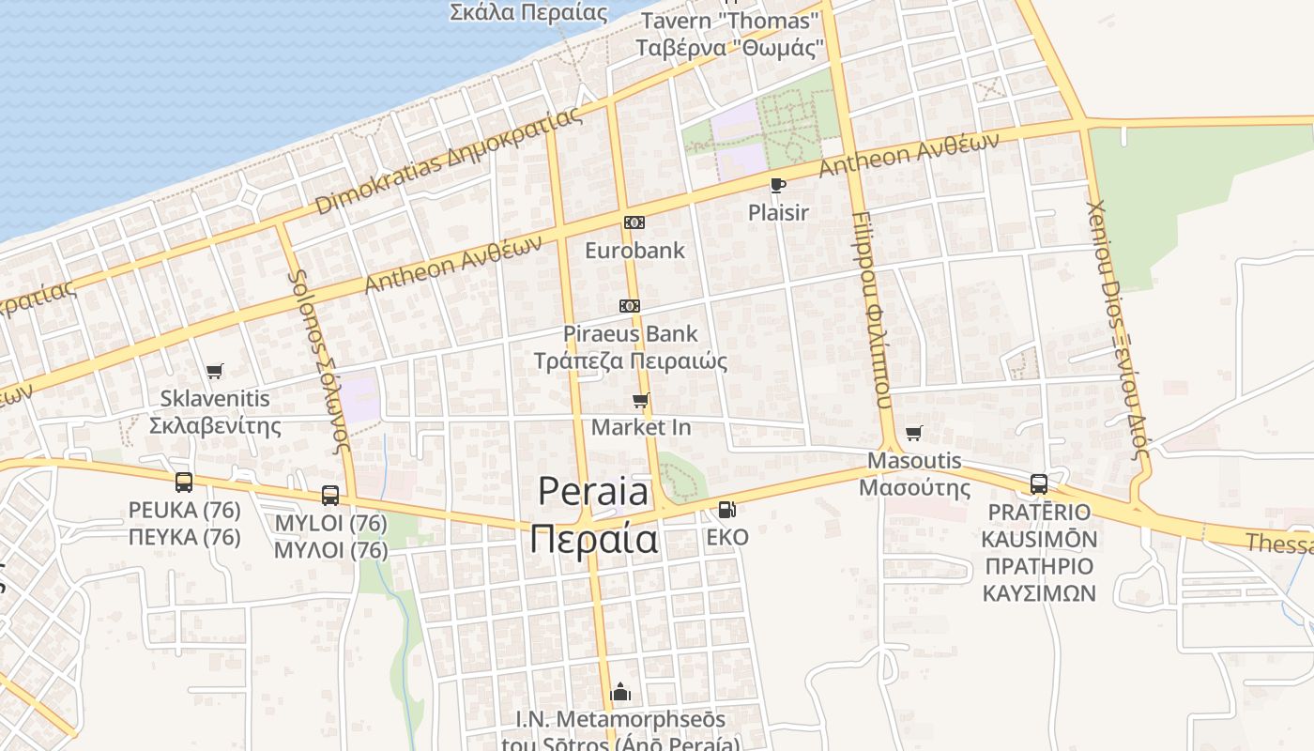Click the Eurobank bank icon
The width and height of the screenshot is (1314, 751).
tap(634, 222)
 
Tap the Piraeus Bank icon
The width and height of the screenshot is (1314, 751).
tap(630, 306)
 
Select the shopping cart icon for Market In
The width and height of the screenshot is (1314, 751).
tap(641, 401)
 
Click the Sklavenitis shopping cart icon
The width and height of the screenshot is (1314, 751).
tap(215, 371)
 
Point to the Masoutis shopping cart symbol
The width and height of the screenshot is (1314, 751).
tap(914, 433)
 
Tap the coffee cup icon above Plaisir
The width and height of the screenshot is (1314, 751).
tap(777, 185)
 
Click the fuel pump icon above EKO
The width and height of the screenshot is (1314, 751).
tap(726, 510)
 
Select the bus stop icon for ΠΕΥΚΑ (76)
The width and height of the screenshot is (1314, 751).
tap(184, 483)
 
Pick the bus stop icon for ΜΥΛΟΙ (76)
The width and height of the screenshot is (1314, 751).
tap(330, 495)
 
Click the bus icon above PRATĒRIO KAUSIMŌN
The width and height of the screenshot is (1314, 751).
tap(1039, 484)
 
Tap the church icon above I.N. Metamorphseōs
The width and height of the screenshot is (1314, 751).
tap(620, 693)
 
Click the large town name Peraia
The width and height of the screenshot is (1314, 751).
tap(593, 492)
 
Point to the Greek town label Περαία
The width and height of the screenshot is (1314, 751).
tap(593, 540)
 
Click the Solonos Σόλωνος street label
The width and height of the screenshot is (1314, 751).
tap(320, 361)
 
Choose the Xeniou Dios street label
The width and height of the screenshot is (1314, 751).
tap(1117, 329)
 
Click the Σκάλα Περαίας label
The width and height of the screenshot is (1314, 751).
tap(528, 13)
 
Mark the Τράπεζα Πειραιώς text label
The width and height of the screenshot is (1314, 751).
tap(631, 360)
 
